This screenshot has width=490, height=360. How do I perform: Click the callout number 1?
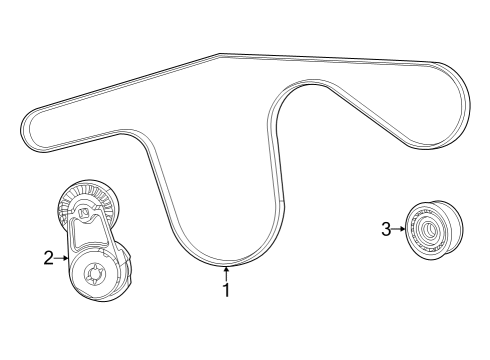pos(226,291)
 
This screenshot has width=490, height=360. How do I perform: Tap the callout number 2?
pos(48,258)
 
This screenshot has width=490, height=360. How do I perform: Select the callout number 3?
pos(385,230)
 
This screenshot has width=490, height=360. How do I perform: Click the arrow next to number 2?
pos(63,258)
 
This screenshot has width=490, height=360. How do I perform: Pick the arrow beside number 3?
pos(399,230)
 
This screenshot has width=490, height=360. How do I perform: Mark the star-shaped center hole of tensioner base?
pos(96,273)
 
